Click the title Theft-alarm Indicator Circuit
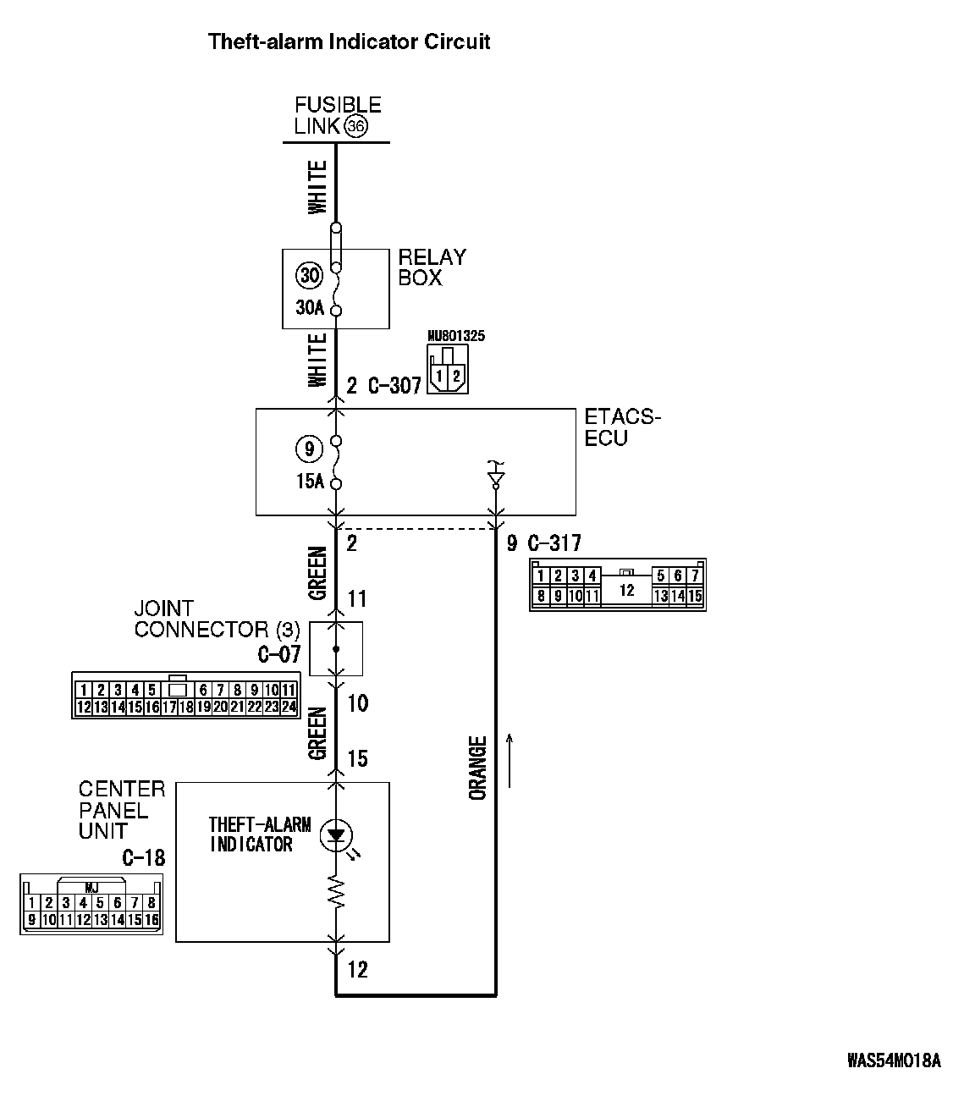[x=349, y=41]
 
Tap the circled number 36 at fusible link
[x=356, y=127]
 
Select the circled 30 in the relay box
[x=310, y=275]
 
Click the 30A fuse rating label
[x=310, y=308]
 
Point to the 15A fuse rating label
[x=310, y=482]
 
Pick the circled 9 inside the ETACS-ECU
[x=309, y=449]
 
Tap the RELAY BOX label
[x=432, y=267]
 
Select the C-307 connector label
[x=394, y=387]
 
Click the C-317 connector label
[x=554, y=543]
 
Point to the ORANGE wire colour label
[x=478, y=768]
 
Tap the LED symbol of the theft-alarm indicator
[x=337, y=836]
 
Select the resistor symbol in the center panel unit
[x=337, y=893]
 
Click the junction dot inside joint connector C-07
[x=336, y=649]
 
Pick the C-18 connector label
[x=143, y=858]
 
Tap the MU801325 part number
[x=456, y=336]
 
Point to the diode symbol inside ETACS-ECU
[x=496, y=479]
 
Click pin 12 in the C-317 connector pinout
[x=626, y=590]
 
